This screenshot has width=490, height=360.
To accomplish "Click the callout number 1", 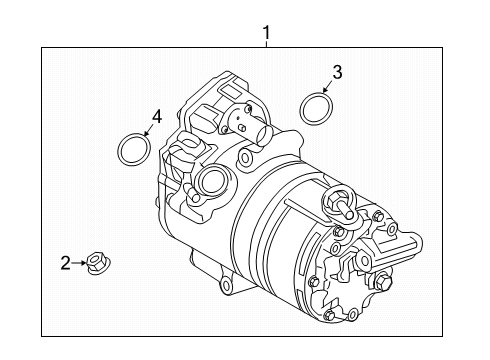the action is point(266,33).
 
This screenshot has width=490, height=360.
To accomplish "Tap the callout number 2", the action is point(66,263).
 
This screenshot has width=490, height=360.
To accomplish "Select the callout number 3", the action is point(337,72).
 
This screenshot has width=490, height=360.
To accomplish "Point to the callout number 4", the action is point(157,117).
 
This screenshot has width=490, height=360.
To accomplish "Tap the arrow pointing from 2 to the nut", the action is point(79,263).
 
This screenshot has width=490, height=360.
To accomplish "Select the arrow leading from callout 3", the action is point(327,86).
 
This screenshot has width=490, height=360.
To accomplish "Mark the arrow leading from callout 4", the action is point(148,129).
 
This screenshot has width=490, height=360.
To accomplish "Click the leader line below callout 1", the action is point(266,44).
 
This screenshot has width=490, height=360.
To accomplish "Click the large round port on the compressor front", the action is point(213,180).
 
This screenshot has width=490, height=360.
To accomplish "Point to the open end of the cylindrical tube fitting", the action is point(265,133).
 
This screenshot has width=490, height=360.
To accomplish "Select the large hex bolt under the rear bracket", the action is point(382,282).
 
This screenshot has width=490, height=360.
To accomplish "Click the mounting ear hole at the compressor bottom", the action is point(226,285).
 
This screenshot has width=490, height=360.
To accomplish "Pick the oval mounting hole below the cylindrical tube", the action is point(245,157).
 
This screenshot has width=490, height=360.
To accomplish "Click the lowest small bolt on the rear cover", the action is point(330,314).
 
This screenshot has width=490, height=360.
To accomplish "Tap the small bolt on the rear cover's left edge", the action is point(314,281).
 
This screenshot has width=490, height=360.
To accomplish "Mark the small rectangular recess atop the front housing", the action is point(229,90).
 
